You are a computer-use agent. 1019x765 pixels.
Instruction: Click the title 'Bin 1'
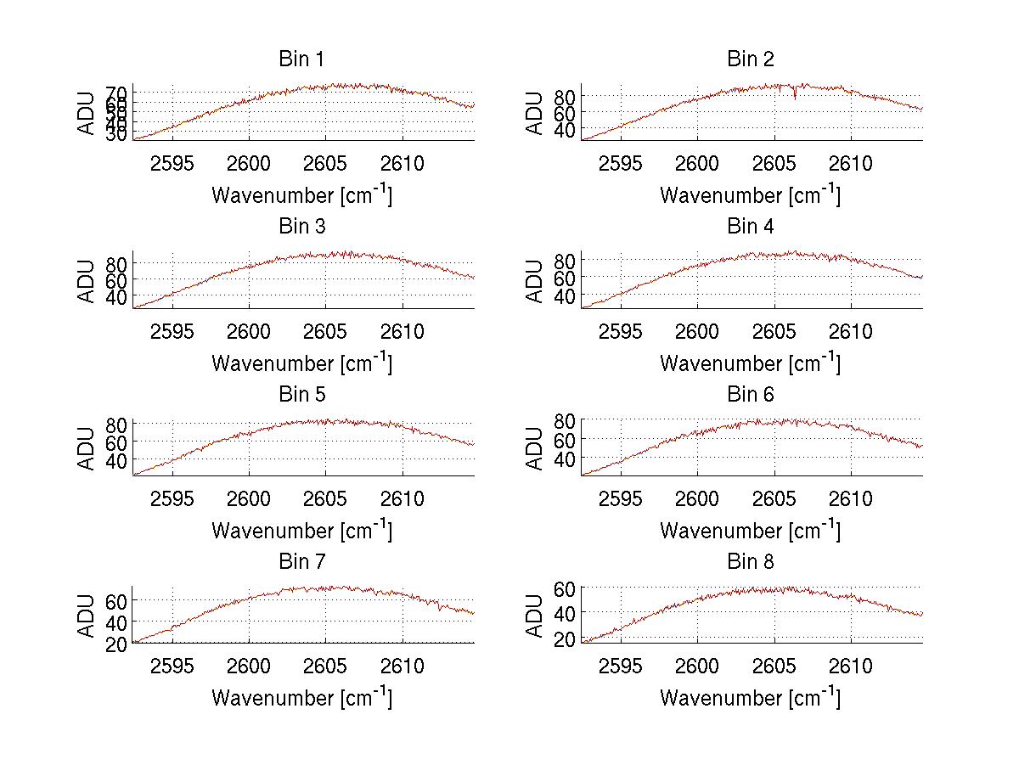point(301,59)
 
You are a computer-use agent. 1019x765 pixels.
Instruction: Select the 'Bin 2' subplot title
point(751,59)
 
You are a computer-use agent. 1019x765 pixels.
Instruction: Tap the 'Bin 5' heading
point(301,395)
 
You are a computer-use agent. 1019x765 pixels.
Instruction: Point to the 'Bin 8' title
point(751,562)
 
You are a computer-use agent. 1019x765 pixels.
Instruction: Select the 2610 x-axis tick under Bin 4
point(851,331)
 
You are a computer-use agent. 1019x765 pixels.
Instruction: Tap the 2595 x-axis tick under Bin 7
point(172,666)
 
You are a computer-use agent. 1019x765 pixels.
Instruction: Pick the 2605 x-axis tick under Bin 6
point(774,498)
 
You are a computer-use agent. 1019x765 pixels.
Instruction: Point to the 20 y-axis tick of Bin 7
point(117,644)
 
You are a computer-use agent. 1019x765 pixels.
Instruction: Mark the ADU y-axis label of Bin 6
point(535,448)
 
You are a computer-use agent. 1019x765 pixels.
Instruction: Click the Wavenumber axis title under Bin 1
point(301,194)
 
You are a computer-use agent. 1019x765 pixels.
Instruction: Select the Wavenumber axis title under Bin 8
point(751,697)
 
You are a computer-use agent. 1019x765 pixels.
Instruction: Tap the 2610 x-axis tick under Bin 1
point(403,164)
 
